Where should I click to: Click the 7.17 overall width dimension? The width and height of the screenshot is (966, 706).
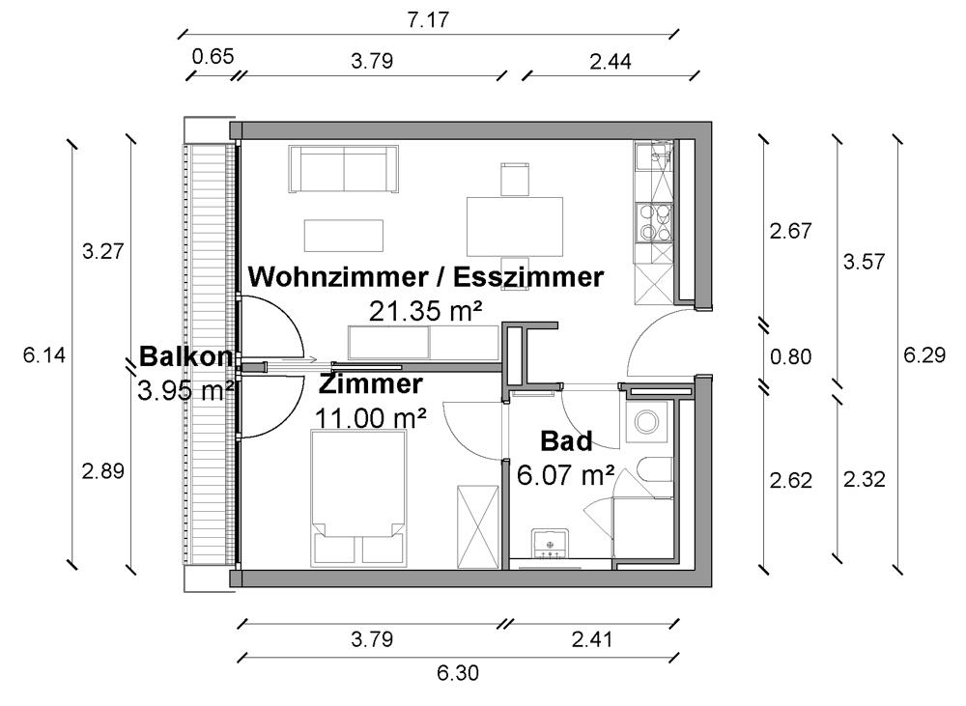pos(428,19)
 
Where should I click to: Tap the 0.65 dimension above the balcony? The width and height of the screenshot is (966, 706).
pos(213,57)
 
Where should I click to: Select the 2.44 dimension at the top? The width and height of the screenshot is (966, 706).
pos(610,62)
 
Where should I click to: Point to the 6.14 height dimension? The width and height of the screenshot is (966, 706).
pos(43,354)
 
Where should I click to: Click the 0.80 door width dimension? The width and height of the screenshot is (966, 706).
pos(790,356)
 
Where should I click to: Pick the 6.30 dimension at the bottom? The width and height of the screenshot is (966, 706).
pos(458,673)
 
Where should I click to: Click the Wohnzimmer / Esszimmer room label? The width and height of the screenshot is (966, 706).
pos(426,277)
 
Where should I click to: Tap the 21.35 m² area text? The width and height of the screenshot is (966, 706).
pos(425,311)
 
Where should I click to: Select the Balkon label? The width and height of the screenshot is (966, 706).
pos(185,356)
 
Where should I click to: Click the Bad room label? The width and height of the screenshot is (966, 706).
pos(566,441)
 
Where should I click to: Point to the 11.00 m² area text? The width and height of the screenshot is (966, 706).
pos(370,418)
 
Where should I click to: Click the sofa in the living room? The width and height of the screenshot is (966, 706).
pos(344,169)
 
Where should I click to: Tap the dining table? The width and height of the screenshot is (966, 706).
pos(515,226)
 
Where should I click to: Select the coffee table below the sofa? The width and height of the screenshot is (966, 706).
pos(344,236)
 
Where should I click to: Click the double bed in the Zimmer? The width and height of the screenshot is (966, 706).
pos(358,497)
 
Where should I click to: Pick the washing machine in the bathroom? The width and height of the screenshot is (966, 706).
pos(646,422)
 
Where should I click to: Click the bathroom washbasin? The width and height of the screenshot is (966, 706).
pos(552,545)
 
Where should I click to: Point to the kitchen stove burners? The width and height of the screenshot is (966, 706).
pos(655,223)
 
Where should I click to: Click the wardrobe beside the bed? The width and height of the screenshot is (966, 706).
pos(477,526)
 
